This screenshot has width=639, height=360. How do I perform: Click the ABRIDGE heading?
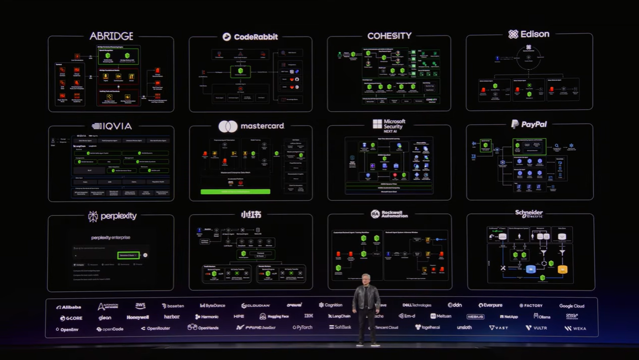pos(111,36)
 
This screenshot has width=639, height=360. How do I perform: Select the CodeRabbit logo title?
pos(250,37)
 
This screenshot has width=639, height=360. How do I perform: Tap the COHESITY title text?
pos(389,36)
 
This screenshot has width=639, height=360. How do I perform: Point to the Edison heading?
pos(529,34)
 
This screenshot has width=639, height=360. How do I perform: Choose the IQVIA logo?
pos(112,126)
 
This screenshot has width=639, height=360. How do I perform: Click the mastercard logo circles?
pos(228,126)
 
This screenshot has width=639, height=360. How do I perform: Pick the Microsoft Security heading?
pos(389,125)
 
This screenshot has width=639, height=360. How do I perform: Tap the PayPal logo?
pos(529,124)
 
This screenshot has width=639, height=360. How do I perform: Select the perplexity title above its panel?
pos(111,216)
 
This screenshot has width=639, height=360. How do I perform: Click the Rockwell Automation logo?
pos(389,214)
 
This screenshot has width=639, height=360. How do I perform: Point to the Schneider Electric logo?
pos(529,214)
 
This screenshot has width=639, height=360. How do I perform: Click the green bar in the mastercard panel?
pos(235,192)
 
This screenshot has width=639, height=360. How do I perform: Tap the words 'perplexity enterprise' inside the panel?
pos(110,237)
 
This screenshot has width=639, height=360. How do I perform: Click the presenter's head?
pos(367,279)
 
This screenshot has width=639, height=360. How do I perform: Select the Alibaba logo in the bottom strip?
pos(68,307)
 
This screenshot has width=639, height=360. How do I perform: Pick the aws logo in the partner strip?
pos(140,306)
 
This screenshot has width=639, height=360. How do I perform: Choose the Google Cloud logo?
pos(572,306)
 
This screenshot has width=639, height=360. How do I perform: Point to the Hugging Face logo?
pos(274,316)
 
